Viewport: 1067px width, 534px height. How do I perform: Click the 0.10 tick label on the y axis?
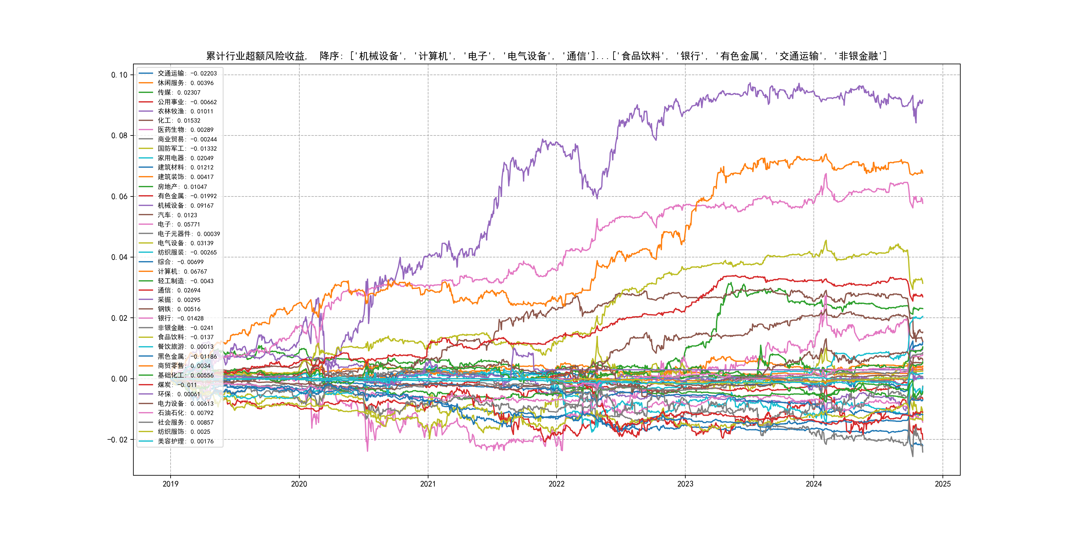coord(119,75)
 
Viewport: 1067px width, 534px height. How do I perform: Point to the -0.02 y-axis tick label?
coord(117,439)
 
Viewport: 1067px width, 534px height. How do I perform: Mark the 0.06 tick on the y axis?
coord(119,196)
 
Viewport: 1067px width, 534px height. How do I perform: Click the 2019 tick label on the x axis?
coord(170,484)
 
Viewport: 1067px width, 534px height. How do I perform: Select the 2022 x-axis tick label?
coord(556,484)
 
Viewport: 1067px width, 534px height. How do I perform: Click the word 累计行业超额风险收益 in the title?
coord(255,56)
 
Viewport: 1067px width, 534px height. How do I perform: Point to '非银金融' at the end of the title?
coord(858,56)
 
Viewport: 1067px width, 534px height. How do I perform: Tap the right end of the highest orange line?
coord(922,172)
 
